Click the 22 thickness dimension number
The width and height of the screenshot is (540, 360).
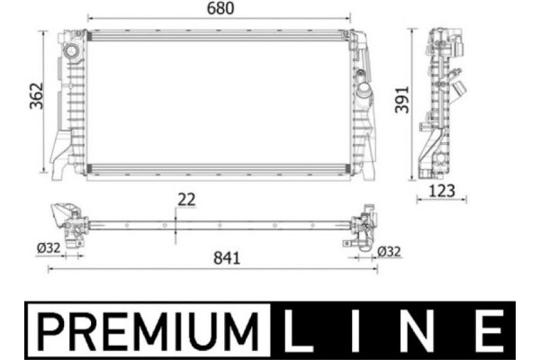186,200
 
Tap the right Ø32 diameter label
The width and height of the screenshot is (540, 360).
389,251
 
